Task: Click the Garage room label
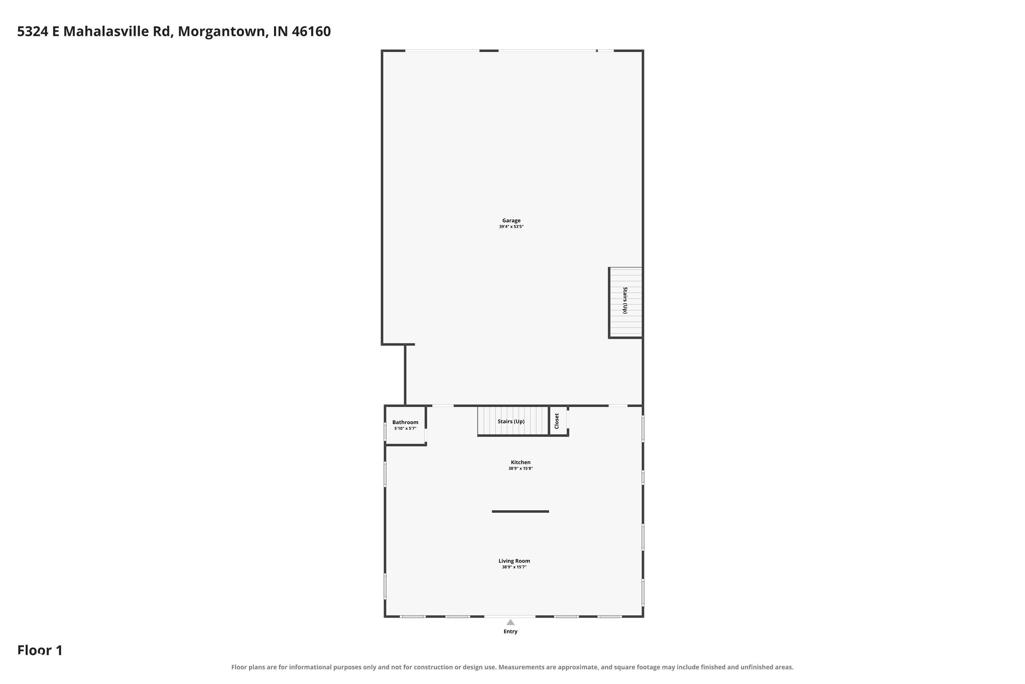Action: [x=511, y=221]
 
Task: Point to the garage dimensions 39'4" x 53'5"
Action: [x=511, y=227]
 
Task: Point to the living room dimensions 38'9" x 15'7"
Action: [x=514, y=567]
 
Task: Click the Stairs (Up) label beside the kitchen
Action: [x=511, y=421]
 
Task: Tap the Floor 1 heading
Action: [x=40, y=650]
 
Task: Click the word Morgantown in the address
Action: [x=223, y=31]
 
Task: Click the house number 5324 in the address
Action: [x=33, y=31]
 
